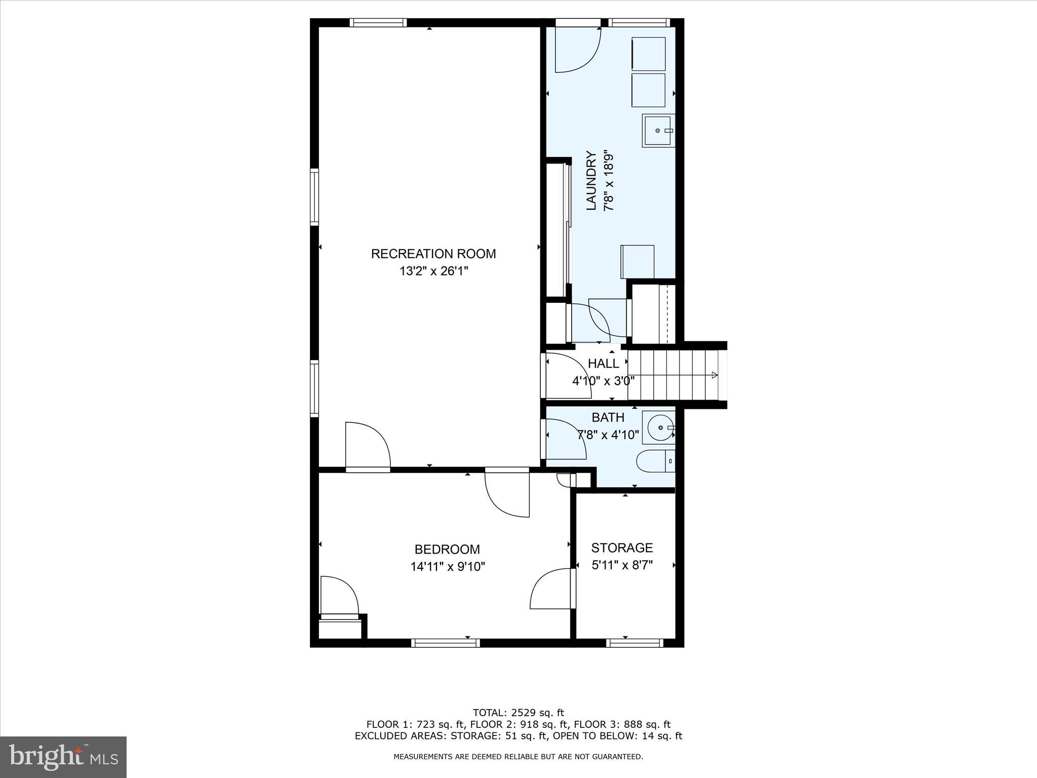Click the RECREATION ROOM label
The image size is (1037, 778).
433,254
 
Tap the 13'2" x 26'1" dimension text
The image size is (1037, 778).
434,271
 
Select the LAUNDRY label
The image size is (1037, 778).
591,181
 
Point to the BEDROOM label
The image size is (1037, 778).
447,550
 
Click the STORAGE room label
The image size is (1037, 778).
622,548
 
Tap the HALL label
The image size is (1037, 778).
603,364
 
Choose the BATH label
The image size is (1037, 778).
608,418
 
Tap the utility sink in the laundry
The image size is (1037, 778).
659,131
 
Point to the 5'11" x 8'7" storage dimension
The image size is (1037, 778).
622,565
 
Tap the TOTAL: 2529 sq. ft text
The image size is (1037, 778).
518,713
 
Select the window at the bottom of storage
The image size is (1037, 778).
634,643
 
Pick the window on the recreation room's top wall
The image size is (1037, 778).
378,23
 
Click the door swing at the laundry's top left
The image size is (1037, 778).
578,50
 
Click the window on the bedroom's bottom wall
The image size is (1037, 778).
446,643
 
